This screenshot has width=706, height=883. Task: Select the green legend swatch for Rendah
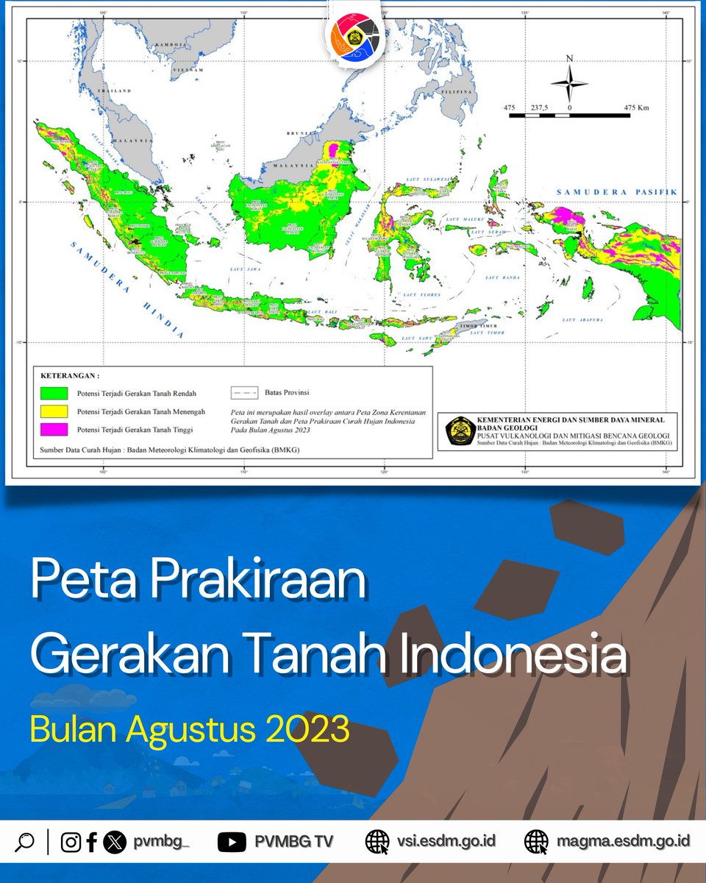[x=54, y=393]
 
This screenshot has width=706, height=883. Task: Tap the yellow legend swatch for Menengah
[x=54, y=411]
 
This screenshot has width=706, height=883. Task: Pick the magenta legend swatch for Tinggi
[x=54, y=428]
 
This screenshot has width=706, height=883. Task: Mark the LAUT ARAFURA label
[x=582, y=320]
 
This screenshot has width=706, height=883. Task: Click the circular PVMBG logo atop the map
[x=354, y=36]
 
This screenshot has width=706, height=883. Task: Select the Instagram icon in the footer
[x=71, y=841]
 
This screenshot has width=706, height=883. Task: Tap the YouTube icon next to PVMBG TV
[x=232, y=841]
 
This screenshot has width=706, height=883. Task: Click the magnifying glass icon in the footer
[x=24, y=841]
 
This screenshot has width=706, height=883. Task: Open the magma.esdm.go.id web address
[x=622, y=840]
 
